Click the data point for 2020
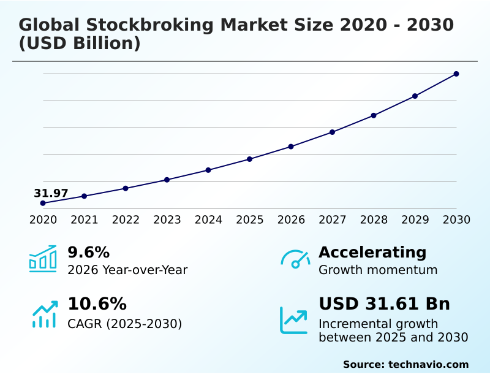[43, 203]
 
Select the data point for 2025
[250, 159]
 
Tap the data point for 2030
[456, 74]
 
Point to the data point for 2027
[333, 132]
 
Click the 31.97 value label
[51, 193]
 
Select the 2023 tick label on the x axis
[167, 219]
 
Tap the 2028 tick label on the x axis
[374, 219]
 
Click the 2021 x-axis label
[85, 219]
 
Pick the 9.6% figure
[88, 252]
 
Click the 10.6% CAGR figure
[97, 303]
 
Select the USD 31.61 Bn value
[384, 303]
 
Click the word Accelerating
[372, 252]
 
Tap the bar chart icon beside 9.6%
[43, 259]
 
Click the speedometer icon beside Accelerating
[295, 259]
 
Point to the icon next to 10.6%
[44, 313]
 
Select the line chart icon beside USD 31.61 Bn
[294, 320]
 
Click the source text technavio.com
[428, 364]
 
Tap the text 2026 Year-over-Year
[127, 270]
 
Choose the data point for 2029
[415, 96]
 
